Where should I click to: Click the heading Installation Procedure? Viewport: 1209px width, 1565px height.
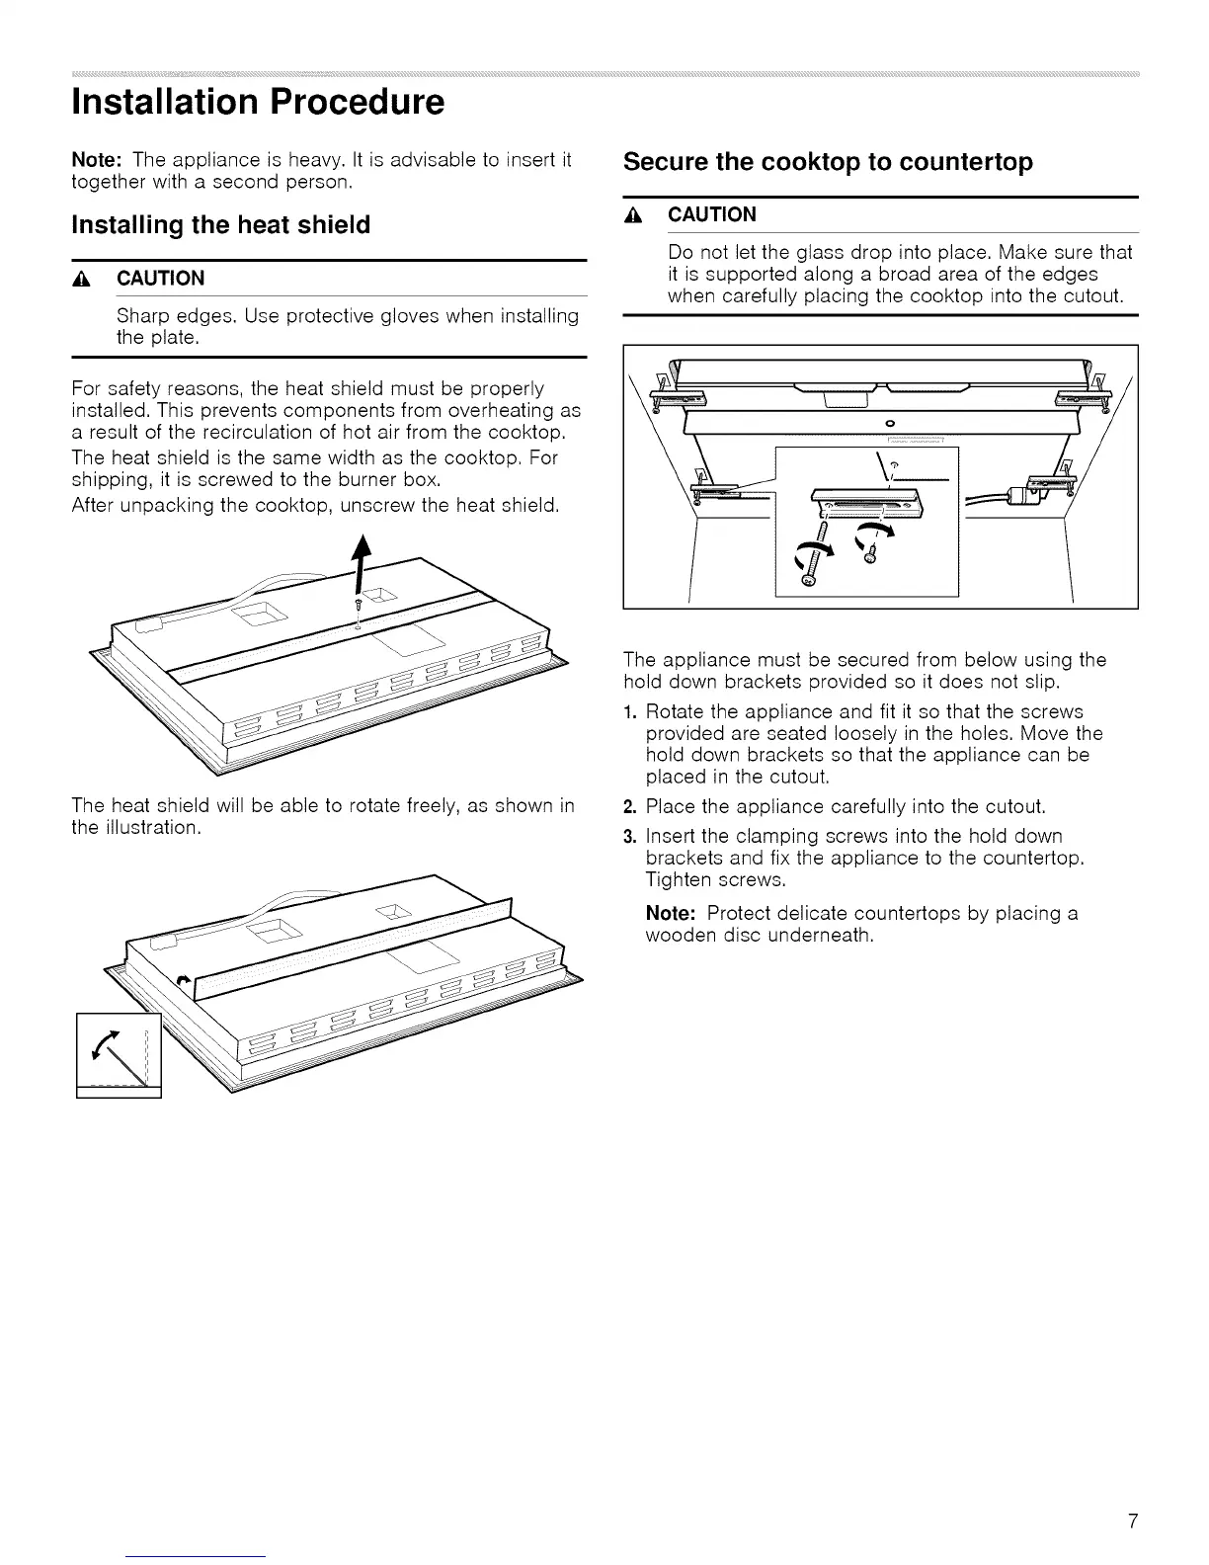point(258,103)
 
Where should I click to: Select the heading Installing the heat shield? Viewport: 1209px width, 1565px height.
point(221,225)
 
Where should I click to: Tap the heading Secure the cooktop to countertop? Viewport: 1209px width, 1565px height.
point(828,162)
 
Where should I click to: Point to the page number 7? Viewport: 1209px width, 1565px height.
point(1132,1465)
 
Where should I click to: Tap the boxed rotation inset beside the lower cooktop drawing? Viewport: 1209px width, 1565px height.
point(119,1055)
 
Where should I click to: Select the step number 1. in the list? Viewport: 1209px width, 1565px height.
point(631,712)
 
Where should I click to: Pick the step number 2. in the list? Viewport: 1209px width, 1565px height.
point(631,806)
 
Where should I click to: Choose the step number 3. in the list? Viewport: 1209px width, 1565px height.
point(631,837)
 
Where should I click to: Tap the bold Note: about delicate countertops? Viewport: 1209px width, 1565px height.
point(673,913)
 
